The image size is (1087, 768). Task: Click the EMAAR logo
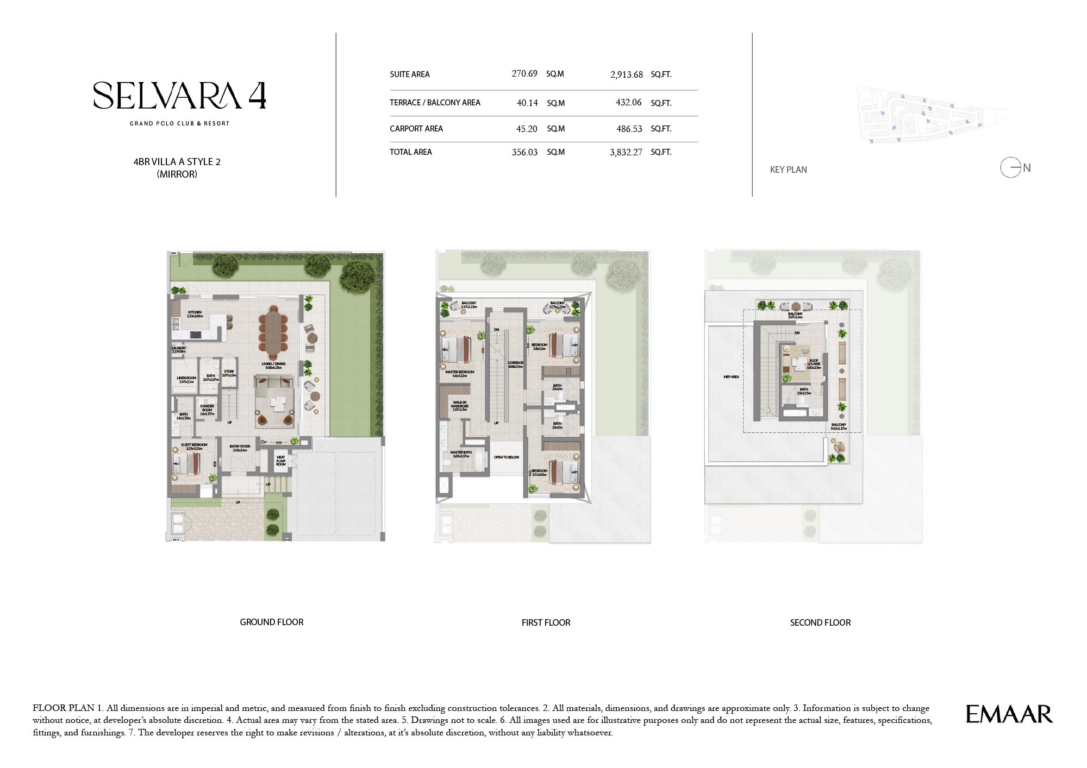click(x=1009, y=714)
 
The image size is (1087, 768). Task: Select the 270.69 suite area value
click(x=524, y=73)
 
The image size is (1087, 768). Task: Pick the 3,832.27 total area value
click(x=626, y=153)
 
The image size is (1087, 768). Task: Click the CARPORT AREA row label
click(x=416, y=129)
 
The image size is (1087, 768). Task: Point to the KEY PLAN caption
click(x=788, y=169)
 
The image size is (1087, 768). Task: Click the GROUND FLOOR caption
click(x=272, y=622)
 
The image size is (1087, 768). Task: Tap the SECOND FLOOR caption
click(x=820, y=622)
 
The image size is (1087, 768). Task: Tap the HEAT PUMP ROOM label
click(x=280, y=461)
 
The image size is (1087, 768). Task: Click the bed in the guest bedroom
click(x=187, y=464)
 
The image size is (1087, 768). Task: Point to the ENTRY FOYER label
click(x=240, y=448)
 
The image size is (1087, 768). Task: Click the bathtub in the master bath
click(x=479, y=462)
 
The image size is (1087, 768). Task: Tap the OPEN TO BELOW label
click(x=506, y=457)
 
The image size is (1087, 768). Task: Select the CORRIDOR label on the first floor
click(x=515, y=364)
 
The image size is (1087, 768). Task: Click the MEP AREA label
click(x=731, y=377)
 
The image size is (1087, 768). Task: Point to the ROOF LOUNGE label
click(x=814, y=363)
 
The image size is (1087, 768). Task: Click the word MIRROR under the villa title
click(x=177, y=174)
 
